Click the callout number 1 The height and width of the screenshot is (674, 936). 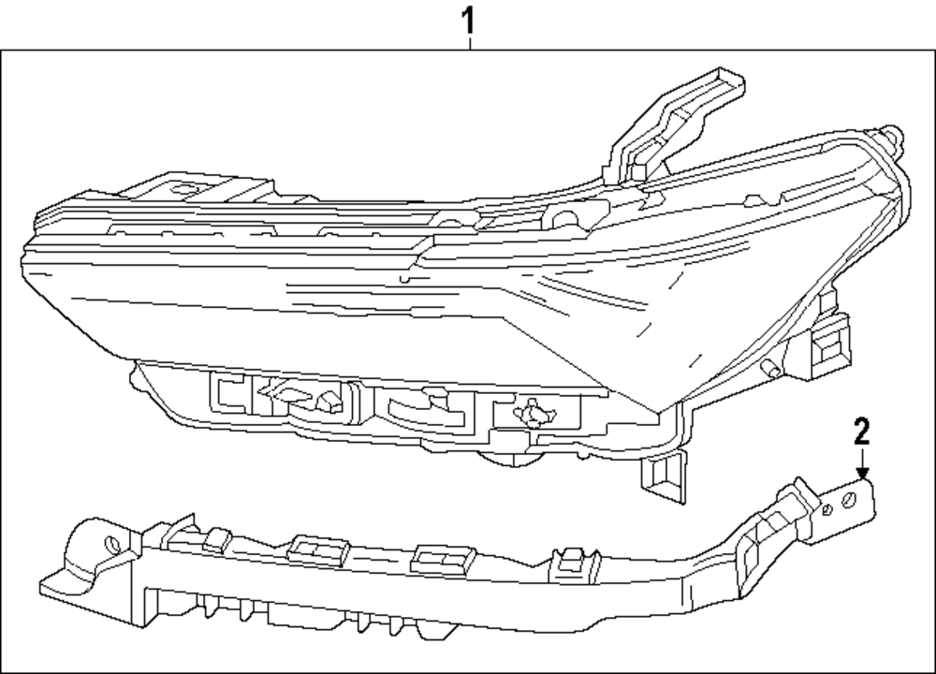(x=470, y=19)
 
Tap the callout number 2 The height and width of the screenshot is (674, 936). (x=861, y=432)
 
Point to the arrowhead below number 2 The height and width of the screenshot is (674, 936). (x=862, y=474)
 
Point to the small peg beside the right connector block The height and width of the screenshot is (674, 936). (x=770, y=367)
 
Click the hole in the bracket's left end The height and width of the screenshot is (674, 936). (x=112, y=542)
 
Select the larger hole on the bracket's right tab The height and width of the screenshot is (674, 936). (x=848, y=501)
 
